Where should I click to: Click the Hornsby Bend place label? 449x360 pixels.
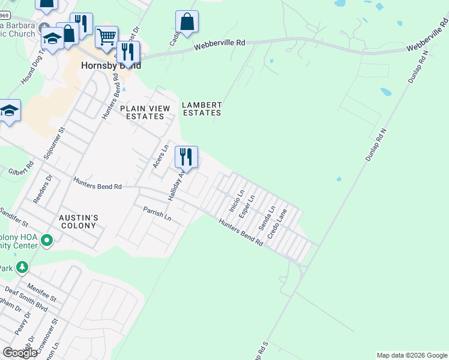coord(111,65)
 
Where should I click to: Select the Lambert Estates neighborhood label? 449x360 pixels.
coord(202,109)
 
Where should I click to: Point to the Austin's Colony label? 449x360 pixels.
coord(78,221)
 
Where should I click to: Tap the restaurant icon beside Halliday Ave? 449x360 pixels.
coord(186,157)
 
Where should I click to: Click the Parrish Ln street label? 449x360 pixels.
coord(157,214)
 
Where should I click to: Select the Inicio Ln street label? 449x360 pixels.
coord(237,201)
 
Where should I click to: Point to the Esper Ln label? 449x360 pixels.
coord(247,206)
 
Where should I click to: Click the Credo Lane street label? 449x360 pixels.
coord(277,223)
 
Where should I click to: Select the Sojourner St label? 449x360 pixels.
coord(53,143)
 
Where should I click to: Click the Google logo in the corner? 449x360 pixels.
coord(20,353)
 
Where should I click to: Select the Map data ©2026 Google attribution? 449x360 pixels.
coord(412,355)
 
